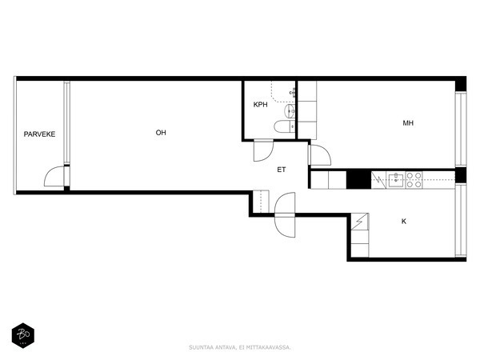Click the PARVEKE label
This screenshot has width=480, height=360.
[x=39, y=134]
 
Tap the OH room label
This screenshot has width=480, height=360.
[x=161, y=133]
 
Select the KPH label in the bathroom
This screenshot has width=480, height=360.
[x=260, y=105]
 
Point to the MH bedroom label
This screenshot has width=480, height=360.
[x=408, y=123]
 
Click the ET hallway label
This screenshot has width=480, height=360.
[x=282, y=170]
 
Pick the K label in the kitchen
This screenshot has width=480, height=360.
[x=404, y=221]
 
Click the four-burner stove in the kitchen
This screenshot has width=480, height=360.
[x=414, y=180]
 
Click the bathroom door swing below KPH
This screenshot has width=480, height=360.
[x=263, y=150]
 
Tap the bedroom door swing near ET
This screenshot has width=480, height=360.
[x=319, y=156]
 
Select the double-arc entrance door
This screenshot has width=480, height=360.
[x=285, y=214]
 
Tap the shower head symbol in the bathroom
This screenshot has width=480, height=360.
[x=292, y=93]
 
